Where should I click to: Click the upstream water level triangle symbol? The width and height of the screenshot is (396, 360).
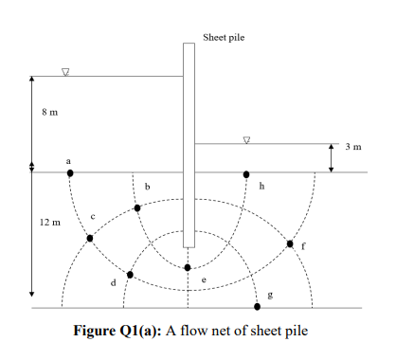(65, 73)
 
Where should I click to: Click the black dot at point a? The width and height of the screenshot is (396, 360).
(69, 173)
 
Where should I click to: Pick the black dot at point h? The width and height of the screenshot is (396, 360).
(247, 174)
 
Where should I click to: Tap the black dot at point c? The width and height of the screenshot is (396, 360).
(90, 238)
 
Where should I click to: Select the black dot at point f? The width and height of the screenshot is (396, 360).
(290, 244)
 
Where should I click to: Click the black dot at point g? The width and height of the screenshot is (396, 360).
(257, 307)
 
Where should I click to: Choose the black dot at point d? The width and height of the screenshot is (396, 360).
(131, 275)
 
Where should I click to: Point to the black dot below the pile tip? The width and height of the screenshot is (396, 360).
(188, 267)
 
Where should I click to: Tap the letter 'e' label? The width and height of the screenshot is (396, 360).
(204, 279)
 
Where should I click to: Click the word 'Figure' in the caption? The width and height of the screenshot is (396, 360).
(99, 331)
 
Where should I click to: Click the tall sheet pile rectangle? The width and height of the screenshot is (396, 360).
(189, 142)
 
